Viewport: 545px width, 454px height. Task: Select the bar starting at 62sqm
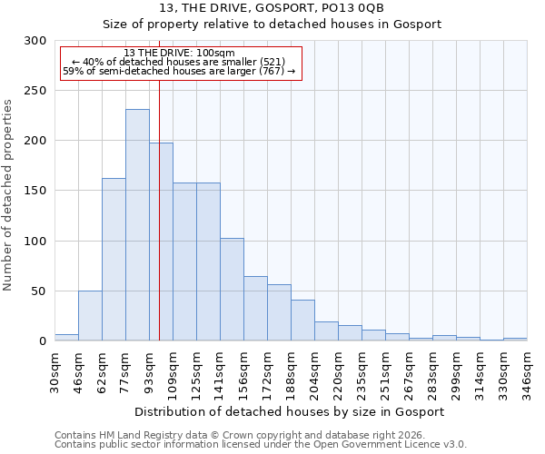tap(114, 260)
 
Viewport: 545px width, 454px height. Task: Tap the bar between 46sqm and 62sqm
tap(90, 316)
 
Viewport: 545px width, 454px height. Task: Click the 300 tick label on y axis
tap(35, 41)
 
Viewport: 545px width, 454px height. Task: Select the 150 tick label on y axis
tap(35, 191)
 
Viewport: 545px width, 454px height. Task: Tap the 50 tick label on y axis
tap(38, 291)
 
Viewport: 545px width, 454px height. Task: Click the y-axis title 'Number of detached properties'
tap(8, 195)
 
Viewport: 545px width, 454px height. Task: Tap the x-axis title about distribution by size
tap(290, 411)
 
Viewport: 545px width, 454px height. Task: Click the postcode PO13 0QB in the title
tap(353, 8)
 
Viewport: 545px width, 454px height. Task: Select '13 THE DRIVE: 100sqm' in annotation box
tap(179, 53)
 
